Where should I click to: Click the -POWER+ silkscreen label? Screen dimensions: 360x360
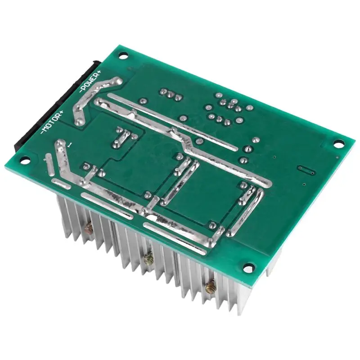pos(90,82)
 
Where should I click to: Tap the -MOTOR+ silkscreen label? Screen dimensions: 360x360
pos(52,122)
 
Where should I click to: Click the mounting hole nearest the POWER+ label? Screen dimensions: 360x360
pos(123,55)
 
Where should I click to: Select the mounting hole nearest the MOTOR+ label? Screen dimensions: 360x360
pos(26,159)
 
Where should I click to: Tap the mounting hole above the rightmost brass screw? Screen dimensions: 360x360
pos(249,268)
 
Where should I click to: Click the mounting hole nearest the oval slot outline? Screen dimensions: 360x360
pos(338,144)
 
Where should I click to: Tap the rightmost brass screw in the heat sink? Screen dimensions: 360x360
pos(210,287)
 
